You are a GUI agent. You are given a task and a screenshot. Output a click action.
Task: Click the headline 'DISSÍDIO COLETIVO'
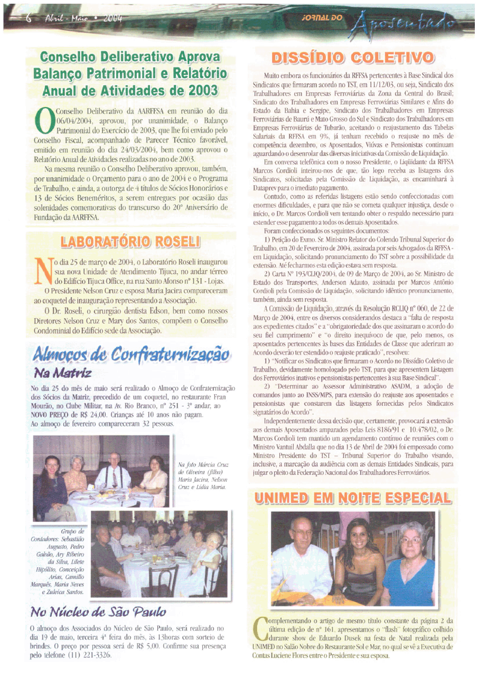tap(352, 57)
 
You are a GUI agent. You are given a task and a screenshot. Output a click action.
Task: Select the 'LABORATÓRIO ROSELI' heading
tap(131, 241)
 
